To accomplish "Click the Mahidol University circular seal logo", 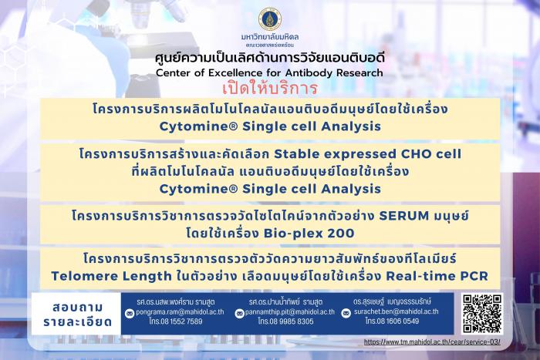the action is point(270,19).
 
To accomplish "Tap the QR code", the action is point(482,314).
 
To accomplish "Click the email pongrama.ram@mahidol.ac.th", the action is point(180,311).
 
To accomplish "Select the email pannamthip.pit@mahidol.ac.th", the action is point(289,312).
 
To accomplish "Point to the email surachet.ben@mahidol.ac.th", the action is point(396,311).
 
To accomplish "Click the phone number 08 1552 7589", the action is point(181,321).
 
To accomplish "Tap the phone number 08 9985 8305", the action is point(292,321).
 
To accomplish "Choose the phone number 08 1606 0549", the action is point(398,321).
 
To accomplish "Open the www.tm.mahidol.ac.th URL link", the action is point(432,342).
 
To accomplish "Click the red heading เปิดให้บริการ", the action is point(270,89).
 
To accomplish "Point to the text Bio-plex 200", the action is point(309,234).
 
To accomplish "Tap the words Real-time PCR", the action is point(437,276).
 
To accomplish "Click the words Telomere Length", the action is point(111,276).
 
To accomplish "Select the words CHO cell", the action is point(430,154).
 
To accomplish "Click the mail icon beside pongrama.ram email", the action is point(130,314).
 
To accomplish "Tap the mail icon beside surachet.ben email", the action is point(346,313).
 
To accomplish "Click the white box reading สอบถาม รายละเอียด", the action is point(76,314).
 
